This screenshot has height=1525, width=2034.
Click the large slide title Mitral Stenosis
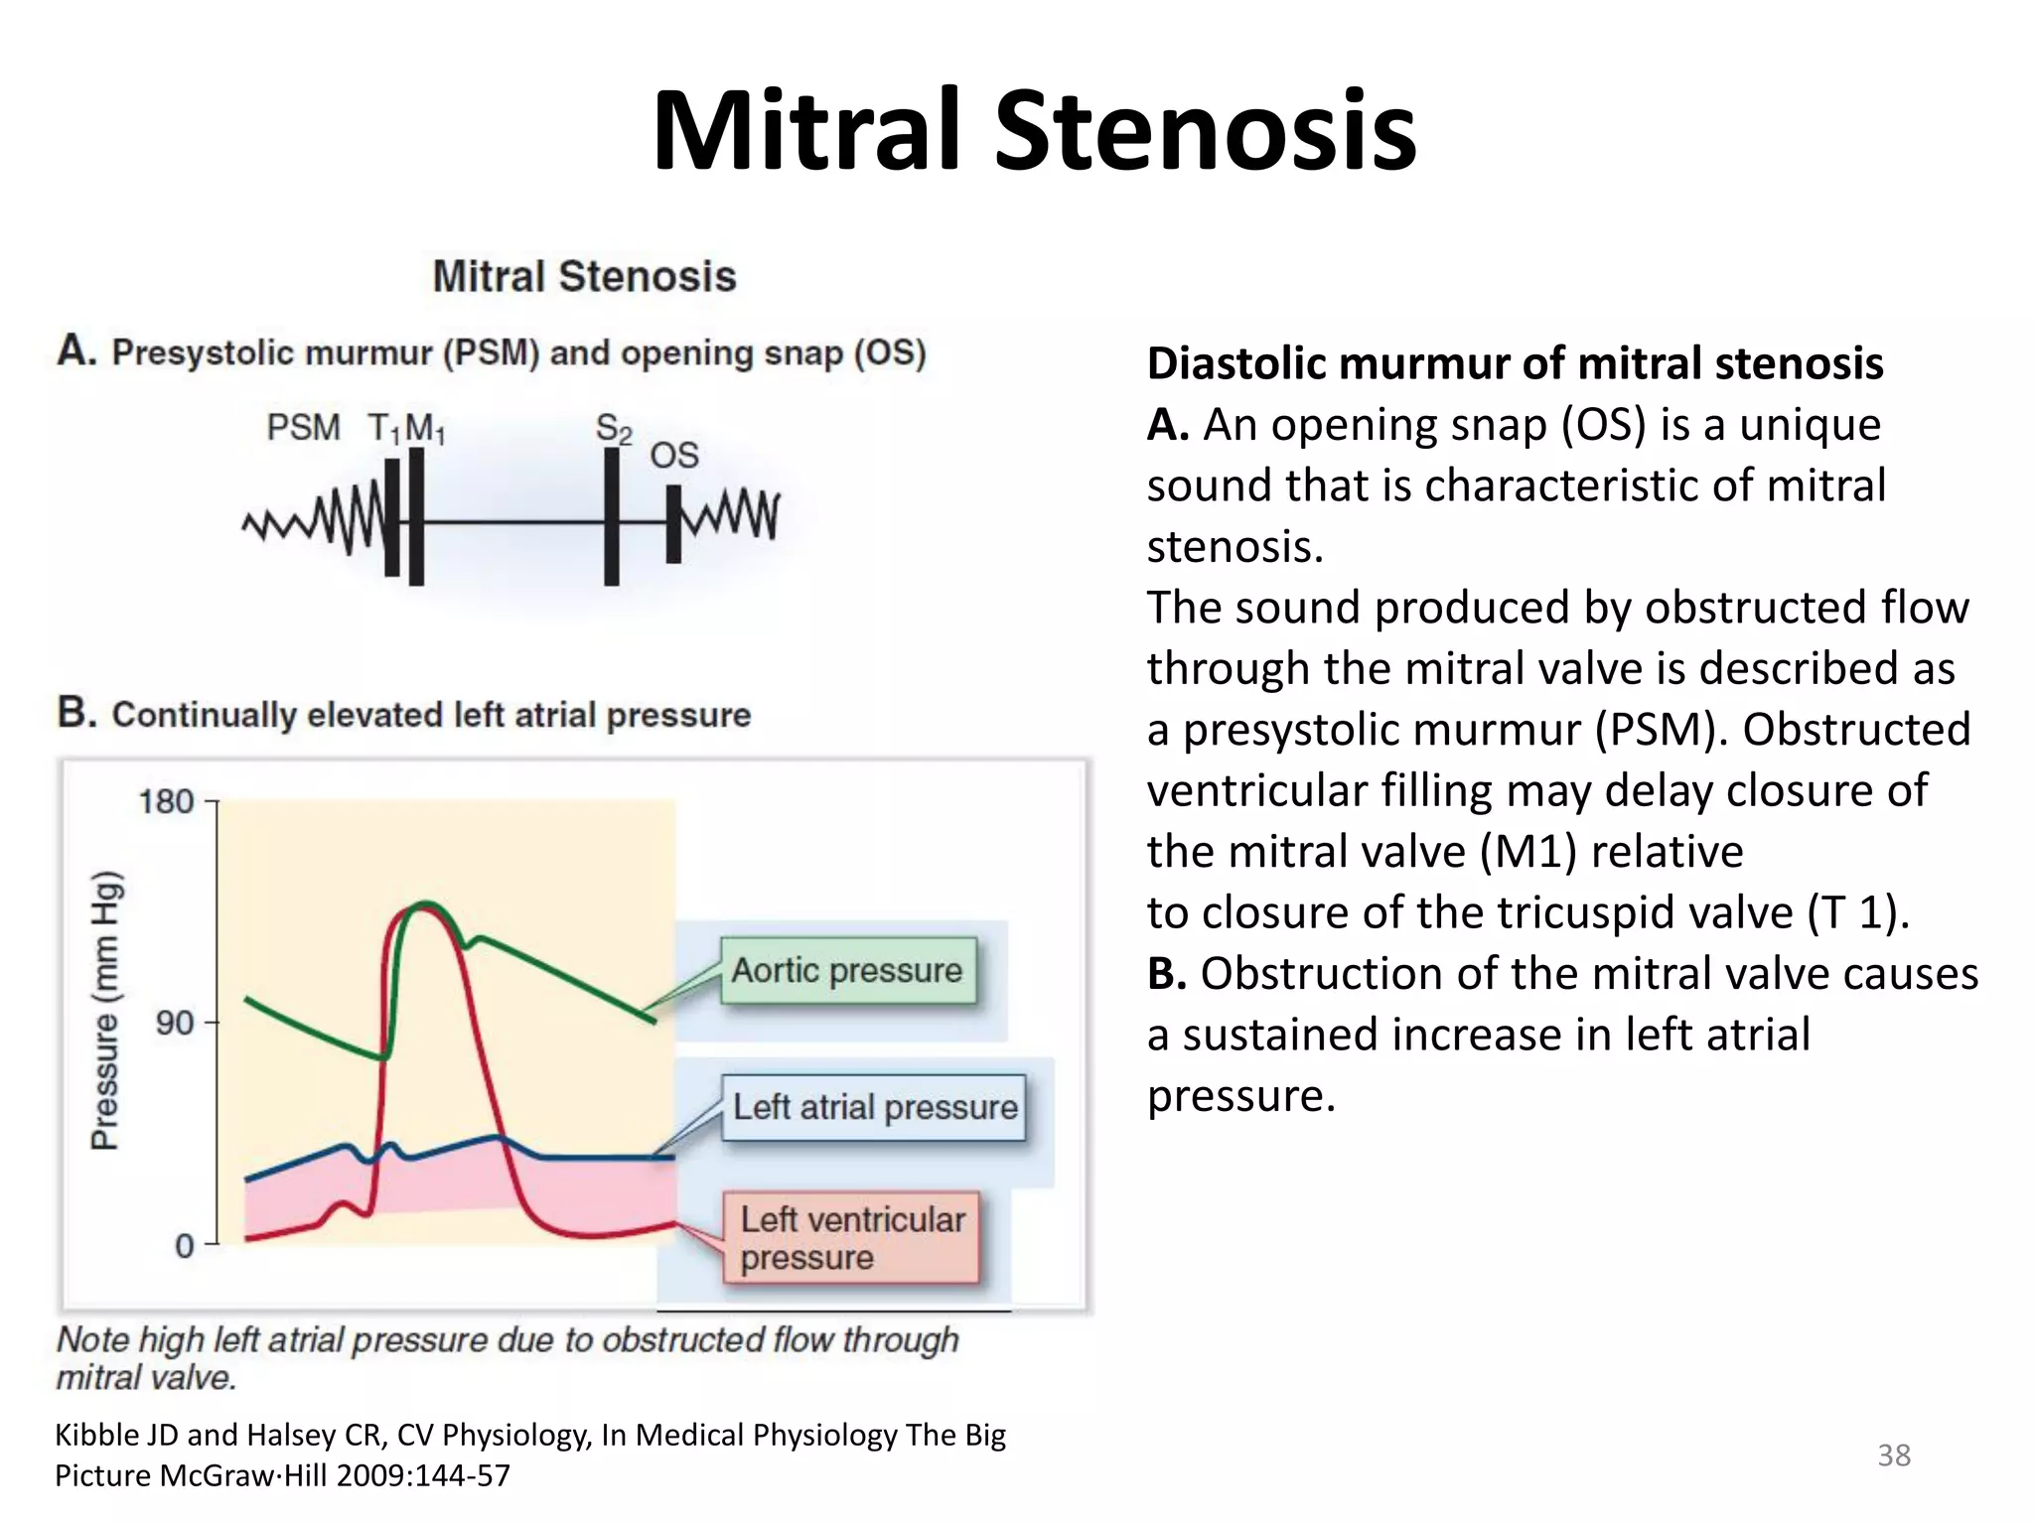1034,131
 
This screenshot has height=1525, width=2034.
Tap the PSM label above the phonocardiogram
303,428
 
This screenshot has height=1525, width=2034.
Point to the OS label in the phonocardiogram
674,456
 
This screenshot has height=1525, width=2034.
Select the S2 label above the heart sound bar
613,429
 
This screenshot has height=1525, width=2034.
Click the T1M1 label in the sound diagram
406,429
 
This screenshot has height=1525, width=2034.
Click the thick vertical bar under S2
612,516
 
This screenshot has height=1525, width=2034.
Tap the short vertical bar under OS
673,524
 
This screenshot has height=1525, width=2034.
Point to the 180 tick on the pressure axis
166,801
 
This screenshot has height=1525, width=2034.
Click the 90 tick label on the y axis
175,1022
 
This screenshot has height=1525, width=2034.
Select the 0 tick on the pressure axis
185,1245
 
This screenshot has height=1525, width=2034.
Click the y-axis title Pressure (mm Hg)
105,1010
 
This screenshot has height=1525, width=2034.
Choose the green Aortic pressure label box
847,970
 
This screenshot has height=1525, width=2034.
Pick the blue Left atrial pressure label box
874,1107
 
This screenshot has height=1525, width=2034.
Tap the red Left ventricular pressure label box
851,1238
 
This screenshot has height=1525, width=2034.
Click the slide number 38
1893,1456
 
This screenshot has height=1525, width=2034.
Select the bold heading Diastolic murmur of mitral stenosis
1515,363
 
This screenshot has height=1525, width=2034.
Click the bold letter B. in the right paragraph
1167,974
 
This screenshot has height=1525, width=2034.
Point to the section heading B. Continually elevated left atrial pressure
404,714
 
